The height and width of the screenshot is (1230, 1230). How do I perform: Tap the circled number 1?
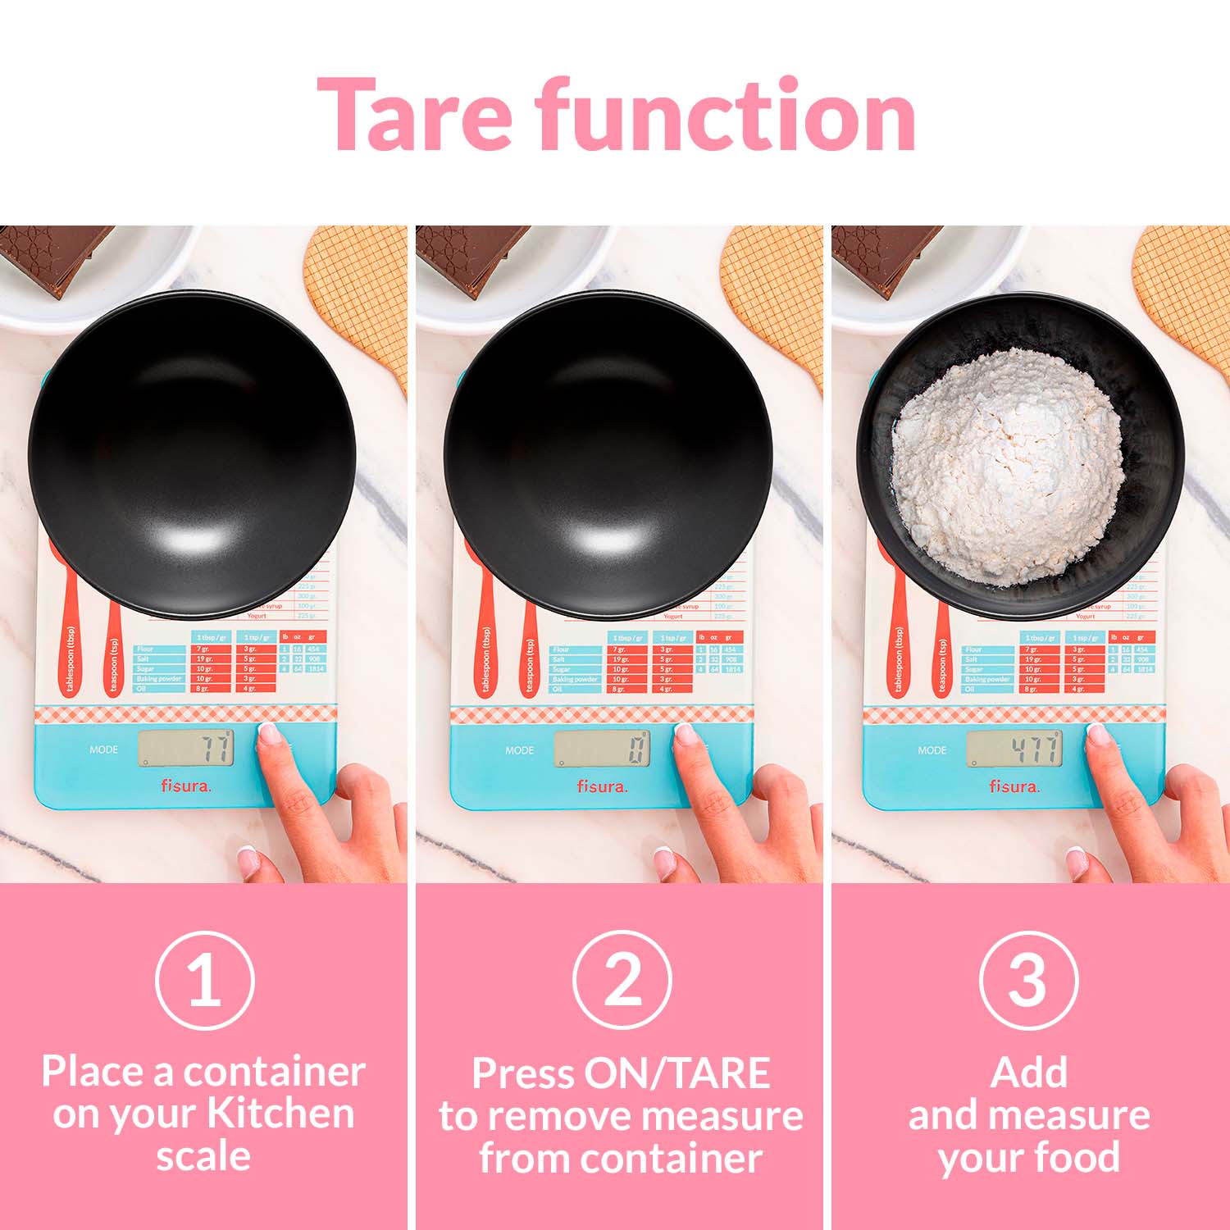204,980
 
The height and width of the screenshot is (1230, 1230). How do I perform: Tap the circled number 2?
622,980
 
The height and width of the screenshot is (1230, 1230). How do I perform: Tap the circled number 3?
1028,980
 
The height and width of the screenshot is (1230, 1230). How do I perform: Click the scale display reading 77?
186,748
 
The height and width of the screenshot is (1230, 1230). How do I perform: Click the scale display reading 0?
602,749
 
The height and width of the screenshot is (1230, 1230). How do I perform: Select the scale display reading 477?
1015,749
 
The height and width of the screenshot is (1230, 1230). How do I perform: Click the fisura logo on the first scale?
185,786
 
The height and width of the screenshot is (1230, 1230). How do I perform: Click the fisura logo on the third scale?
1014,786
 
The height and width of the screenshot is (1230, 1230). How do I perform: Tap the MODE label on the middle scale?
519,750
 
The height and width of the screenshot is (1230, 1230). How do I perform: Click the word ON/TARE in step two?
676,1073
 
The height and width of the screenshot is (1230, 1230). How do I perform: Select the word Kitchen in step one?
280,1114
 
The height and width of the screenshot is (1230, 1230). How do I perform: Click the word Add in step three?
1028,1073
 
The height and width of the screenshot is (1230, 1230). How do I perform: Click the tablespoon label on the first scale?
71,661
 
